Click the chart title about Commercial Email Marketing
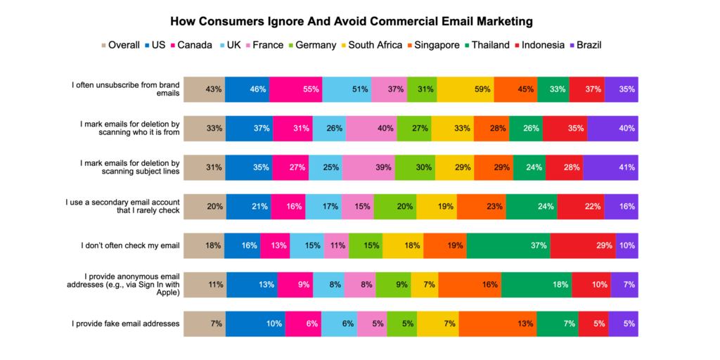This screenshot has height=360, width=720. tap(360, 21)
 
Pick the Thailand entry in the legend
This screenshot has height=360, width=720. tap(486, 45)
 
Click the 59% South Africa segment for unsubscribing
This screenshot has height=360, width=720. tap(464, 89)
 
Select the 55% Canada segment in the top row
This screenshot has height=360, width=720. tap(295, 89)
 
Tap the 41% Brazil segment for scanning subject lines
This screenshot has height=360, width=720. tap(610, 167)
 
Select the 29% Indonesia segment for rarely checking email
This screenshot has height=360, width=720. tap(583, 245)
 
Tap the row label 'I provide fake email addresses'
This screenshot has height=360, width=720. tap(126, 323)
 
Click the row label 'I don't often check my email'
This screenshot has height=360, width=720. tap(131, 245)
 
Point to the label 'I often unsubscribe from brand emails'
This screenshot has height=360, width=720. tap(126, 89)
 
